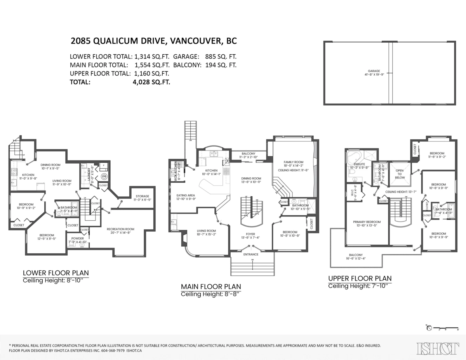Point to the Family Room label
[294, 162]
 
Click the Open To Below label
[400, 173]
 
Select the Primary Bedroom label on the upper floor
[367, 222]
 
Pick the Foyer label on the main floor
[250, 234]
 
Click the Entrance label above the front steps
[251, 254]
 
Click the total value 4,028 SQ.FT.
[151, 82]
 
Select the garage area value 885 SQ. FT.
[219, 57]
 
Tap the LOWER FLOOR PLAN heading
[56, 273]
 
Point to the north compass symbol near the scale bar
[429, 328]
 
